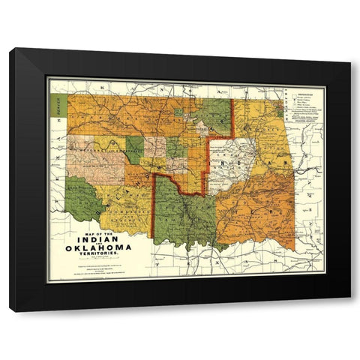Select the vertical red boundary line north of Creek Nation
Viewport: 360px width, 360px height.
pos(232,118)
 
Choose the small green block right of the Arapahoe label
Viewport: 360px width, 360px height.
pos(133,147)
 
